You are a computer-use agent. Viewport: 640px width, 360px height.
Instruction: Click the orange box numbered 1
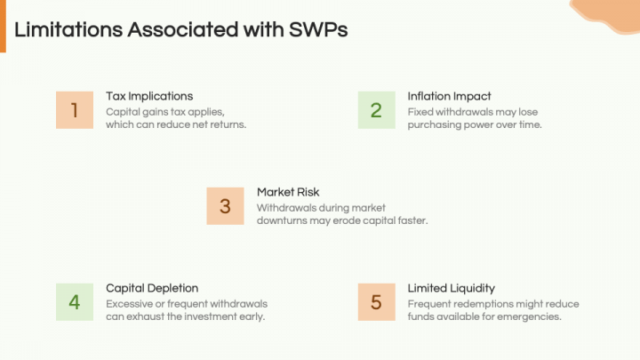click(74, 110)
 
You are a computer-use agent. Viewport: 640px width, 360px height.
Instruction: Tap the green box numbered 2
click(376, 110)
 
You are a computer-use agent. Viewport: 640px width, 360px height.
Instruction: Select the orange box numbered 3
click(225, 206)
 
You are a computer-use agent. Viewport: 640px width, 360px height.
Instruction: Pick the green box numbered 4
click(74, 302)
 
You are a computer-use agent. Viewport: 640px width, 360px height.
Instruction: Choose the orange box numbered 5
click(376, 302)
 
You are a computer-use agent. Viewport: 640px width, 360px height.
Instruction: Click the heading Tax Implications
click(149, 96)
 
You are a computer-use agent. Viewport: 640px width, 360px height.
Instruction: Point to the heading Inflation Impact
click(449, 96)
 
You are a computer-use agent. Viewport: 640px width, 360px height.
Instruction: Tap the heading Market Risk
click(288, 192)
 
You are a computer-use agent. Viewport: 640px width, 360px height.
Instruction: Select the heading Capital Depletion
click(152, 288)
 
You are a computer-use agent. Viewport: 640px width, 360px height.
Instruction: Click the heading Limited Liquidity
click(451, 288)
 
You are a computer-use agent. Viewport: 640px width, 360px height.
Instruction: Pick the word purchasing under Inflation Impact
click(437, 124)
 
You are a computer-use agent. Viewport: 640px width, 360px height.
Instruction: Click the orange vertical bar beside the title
click(3, 27)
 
